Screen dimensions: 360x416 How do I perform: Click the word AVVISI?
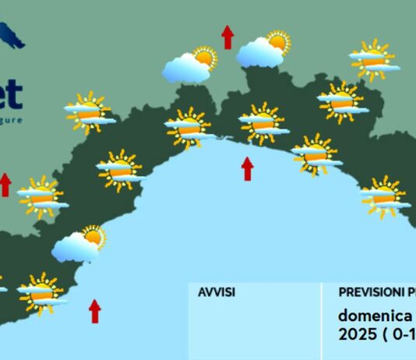(217, 292)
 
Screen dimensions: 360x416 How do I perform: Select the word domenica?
(374, 316)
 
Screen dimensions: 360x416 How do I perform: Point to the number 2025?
(356, 334)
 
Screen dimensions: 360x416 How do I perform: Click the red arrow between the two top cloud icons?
(227, 37)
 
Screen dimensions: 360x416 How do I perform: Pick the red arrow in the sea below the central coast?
(247, 168)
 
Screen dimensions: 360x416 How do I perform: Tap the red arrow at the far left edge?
(5, 184)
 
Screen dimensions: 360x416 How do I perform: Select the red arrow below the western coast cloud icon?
(95, 310)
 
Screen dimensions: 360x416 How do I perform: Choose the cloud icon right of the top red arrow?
(261, 52)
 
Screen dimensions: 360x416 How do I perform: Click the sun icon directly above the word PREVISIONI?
(383, 196)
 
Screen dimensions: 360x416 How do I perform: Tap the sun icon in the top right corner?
(373, 60)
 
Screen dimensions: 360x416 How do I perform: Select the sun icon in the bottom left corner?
(40, 294)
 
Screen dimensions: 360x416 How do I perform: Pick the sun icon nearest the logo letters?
(88, 113)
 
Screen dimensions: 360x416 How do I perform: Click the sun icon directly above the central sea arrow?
(262, 123)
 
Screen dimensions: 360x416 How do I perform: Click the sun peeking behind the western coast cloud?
(94, 235)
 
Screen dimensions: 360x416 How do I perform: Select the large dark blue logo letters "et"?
(10, 94)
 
